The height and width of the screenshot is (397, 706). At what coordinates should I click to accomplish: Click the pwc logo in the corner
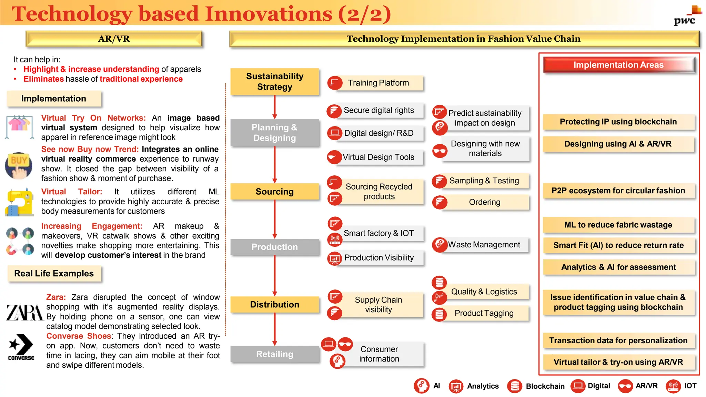(687, 17)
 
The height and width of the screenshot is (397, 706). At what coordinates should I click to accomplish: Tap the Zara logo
(25, 313)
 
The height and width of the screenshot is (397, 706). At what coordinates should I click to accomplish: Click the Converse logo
(21, 347)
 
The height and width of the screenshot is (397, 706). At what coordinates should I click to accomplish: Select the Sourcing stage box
(275, 192)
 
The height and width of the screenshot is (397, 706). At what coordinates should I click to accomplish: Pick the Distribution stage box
(275, 305)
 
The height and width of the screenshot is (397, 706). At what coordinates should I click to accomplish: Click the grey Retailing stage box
(275, 354)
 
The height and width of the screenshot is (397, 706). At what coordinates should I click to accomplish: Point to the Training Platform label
(378, 83)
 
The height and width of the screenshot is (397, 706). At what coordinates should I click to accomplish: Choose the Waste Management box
(484, 245)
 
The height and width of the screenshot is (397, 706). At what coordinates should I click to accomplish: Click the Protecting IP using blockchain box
(618, 122)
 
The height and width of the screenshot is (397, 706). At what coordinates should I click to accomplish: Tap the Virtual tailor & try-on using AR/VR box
(618, 362)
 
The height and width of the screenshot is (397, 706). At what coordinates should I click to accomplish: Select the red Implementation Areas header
(618, 65)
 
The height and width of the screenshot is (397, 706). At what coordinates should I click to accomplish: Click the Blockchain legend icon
(515, 386)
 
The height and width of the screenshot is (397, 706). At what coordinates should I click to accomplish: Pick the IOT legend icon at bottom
(673, 386)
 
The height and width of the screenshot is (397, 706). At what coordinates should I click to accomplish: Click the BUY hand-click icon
(19, 166)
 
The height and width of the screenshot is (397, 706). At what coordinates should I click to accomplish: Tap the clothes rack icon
(20, 127)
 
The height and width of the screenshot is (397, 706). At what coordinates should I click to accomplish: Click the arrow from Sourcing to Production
(275, 219)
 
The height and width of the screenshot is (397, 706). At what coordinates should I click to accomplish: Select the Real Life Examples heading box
(54, 274)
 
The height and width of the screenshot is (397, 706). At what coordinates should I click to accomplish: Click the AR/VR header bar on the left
(114, 39)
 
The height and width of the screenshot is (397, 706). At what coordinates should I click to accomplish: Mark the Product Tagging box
(484, 313)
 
